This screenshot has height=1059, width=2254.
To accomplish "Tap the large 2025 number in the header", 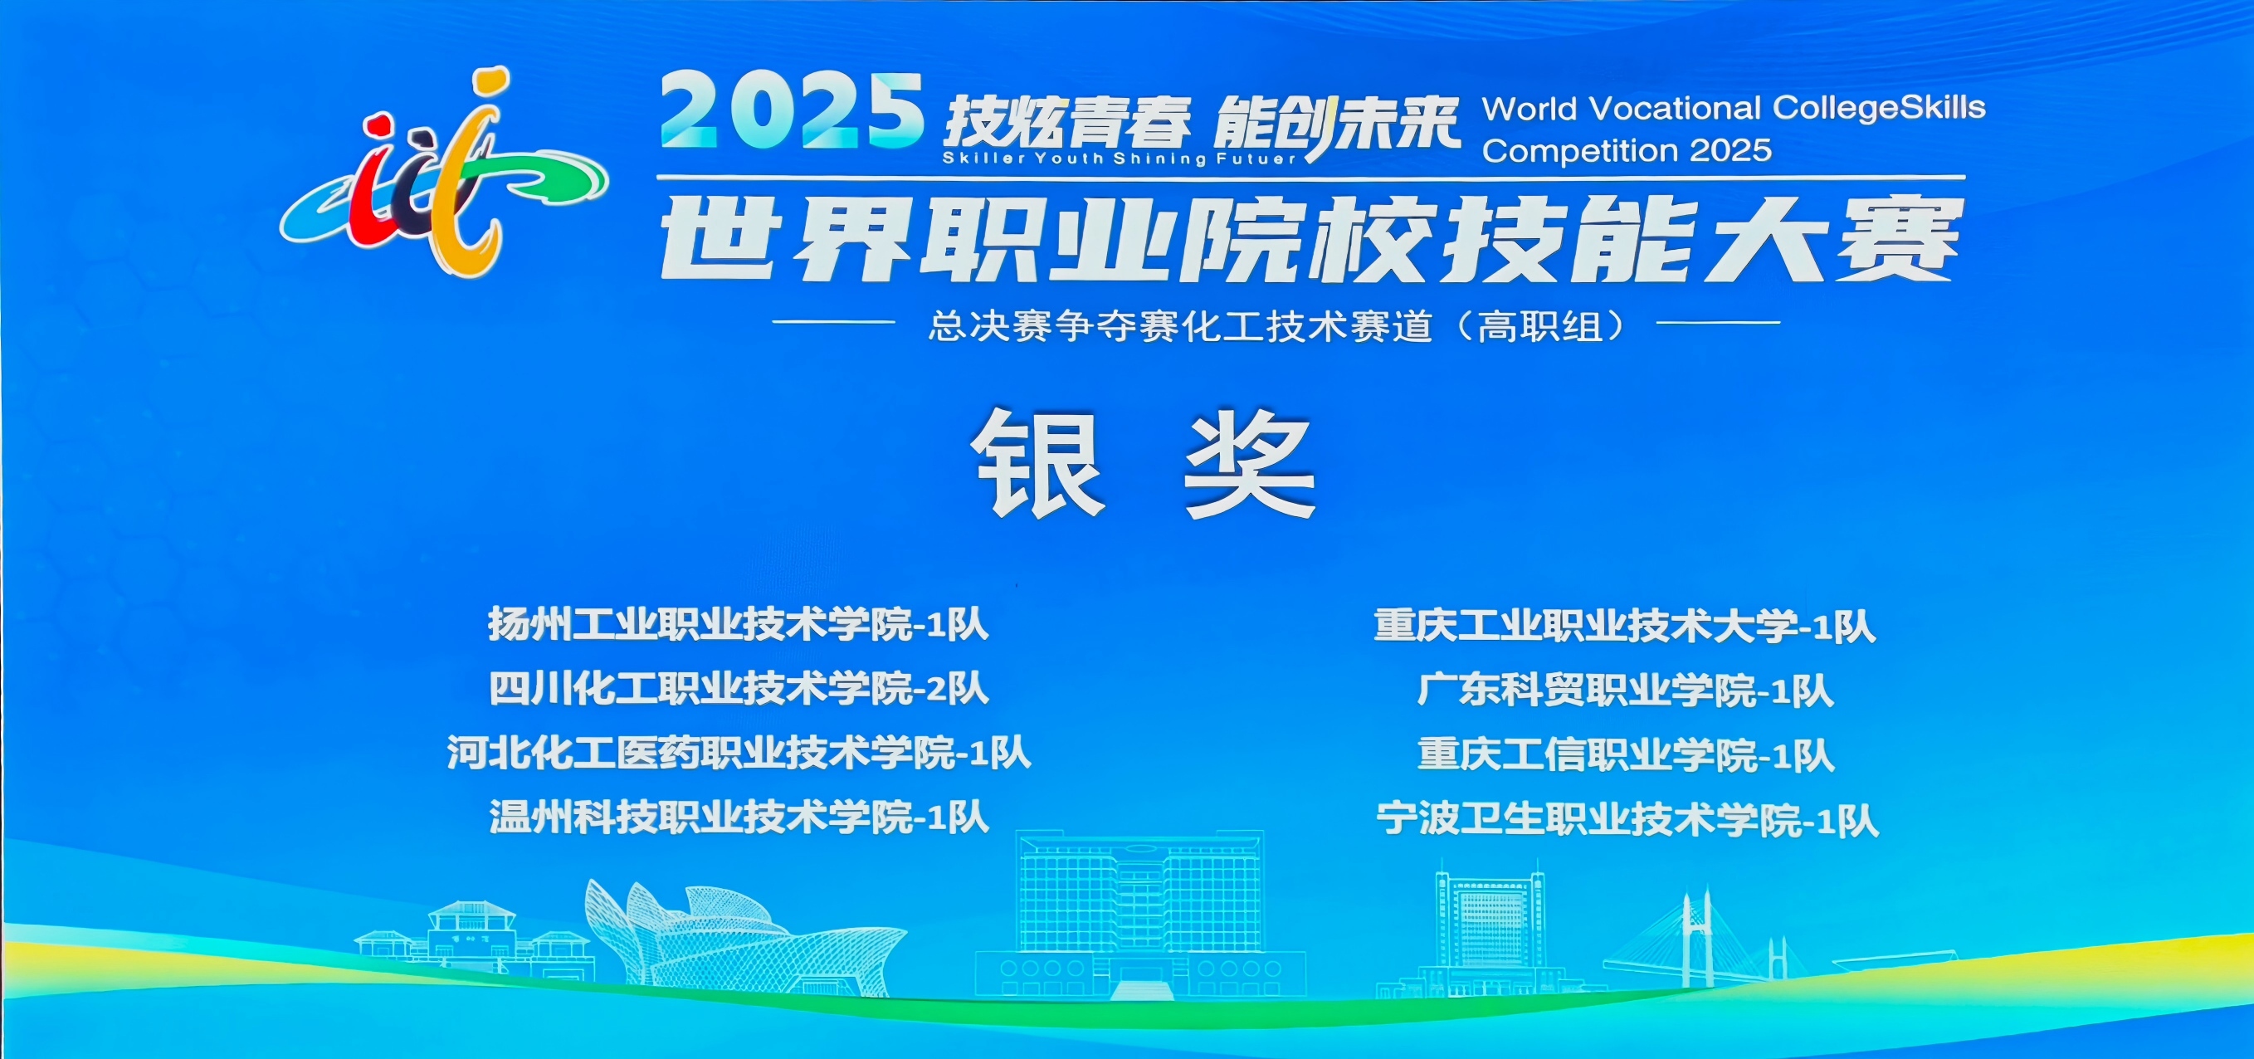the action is (792, 111).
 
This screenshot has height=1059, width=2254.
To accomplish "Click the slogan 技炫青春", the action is (1066, 123).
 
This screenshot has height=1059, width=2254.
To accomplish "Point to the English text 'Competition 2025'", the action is (1627, 150).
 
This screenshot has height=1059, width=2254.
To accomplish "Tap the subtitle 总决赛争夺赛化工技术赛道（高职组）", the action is (1276, 326).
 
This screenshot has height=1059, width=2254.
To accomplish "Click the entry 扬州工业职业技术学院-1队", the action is (739, 625).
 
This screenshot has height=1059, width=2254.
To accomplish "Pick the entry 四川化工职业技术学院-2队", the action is (739, 689).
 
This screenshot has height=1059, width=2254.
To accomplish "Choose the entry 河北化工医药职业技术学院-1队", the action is (739, 753).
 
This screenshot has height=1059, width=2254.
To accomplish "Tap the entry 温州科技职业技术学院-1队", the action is (739, 817).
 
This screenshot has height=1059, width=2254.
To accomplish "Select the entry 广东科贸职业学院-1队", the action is (1625, 691).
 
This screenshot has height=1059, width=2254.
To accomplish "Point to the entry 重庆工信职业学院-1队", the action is (1625, 755).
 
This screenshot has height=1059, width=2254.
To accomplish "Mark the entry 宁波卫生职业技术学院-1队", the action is (1627, 820).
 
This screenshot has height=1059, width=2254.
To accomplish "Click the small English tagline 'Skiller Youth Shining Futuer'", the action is (1120, 159).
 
